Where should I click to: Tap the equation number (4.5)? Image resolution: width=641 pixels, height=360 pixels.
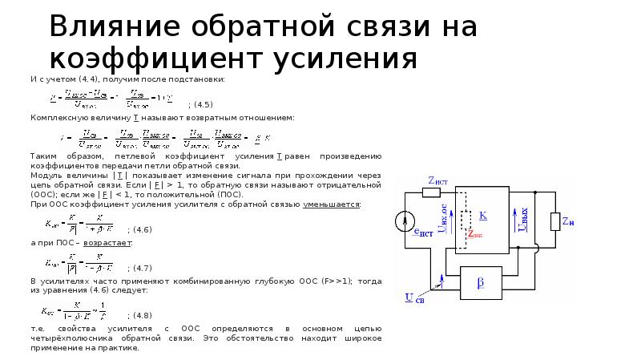point(200,105)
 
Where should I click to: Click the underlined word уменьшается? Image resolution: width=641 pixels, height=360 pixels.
point(331,204)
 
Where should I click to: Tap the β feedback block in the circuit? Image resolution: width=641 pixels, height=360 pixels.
point(481,284)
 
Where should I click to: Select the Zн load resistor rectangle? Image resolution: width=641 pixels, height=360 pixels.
point(554,221)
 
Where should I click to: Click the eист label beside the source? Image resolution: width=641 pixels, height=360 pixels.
point(422,233)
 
